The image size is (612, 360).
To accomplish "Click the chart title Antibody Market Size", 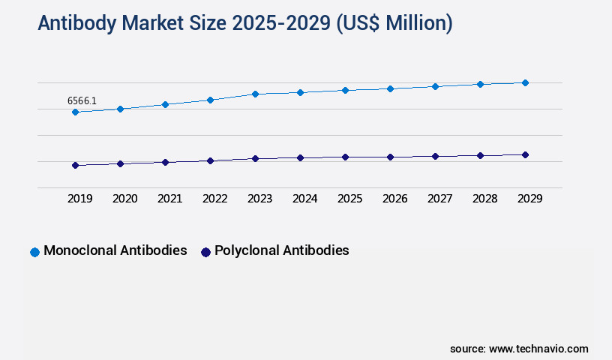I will click(244, 23).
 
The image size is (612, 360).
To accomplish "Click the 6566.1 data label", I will click(82, 100).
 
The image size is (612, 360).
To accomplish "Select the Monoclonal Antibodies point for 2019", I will click(75, 112).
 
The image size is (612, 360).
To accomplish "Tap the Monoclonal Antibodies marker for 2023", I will click(255, 94).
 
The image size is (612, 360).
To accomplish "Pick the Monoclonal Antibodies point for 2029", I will click(525, 82).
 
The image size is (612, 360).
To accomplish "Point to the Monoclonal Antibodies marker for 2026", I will click(390, 88).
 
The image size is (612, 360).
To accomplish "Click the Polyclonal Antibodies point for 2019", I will click(75, 165).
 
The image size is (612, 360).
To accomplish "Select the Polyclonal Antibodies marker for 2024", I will click(300, 158).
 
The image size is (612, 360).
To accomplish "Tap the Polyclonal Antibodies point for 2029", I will click(525, 154).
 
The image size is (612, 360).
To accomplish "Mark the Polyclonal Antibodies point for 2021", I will click(165, 162).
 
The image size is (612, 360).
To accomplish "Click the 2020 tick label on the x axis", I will click(124, 199).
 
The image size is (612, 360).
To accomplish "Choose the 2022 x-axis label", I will click(214, 199).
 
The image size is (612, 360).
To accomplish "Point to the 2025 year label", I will click(349, 199).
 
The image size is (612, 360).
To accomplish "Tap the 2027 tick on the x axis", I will click(439, 199).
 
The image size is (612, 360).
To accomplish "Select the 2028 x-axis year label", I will click(484, 199).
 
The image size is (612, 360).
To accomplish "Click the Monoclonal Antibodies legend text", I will click(115, 250).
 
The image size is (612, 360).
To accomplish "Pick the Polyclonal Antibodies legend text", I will click(281, 250).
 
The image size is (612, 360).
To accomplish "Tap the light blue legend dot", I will click(34, 252).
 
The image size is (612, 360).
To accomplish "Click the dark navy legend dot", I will click(205, 252).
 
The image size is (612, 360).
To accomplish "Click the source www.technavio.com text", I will click(519, 349).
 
